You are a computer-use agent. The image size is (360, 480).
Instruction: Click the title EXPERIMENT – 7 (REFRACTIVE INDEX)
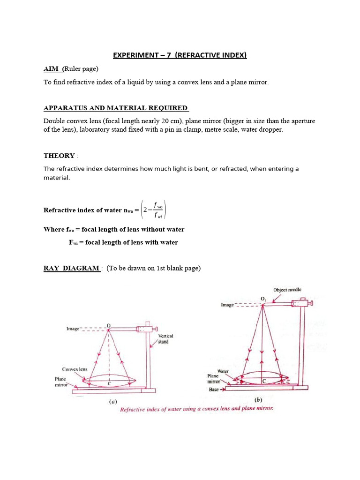[x=180, y=55]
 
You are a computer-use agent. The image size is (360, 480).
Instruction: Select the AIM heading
[x=53, y=69]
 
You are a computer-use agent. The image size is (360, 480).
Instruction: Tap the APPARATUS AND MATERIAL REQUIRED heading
[x=116, y=108]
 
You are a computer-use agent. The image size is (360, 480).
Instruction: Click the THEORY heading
[x=59, y=156]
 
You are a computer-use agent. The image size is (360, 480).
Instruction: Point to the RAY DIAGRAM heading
[x=71, y=268]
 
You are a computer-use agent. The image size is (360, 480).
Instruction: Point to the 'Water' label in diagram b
[x=223, y=371]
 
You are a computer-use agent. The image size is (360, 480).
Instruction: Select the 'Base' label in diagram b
[x=214, y=389]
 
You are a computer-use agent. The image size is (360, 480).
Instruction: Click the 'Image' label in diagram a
[x=73, y=329]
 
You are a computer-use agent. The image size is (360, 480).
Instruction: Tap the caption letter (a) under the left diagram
[x=113, y=401]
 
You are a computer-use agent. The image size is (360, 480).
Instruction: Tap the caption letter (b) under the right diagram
[x=258, y=400]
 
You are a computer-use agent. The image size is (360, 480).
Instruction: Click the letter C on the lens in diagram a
[x=109, y=383]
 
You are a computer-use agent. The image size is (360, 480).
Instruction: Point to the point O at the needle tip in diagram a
[x=109, y=325]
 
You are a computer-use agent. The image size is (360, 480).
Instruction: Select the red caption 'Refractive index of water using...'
[x=196, y=409]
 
